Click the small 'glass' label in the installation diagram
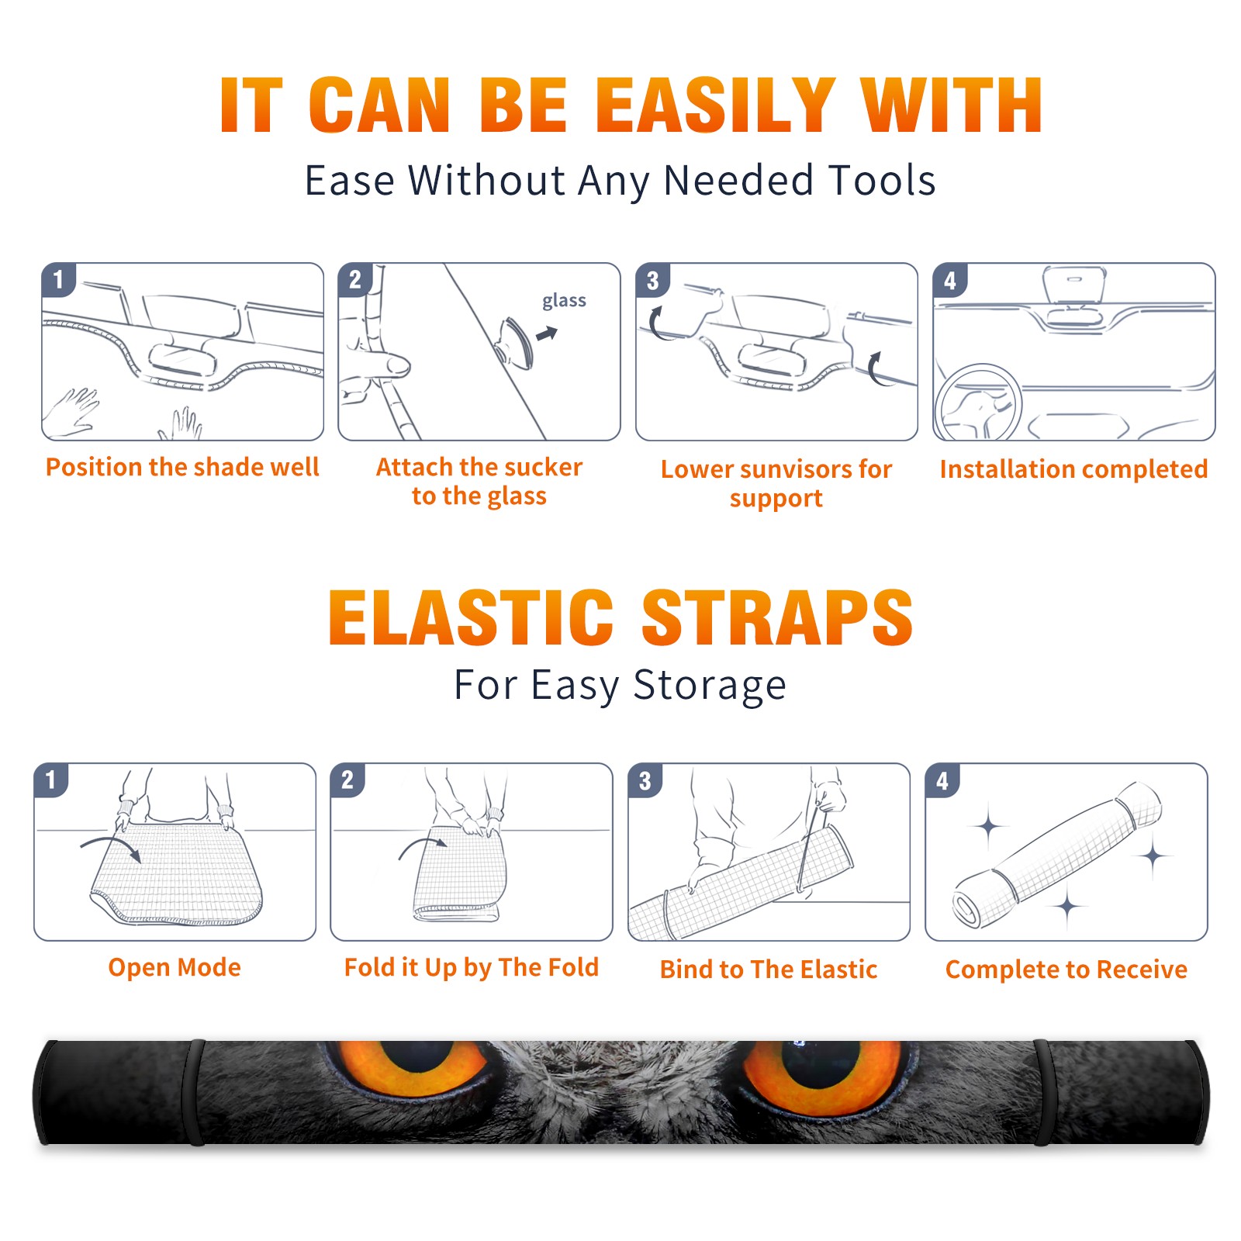[x=564, y=301]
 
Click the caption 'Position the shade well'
[x=182, y=467]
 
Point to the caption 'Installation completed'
[x=1073, y=469]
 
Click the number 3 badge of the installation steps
[x=652, y=280]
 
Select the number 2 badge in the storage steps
[x=347, y=780]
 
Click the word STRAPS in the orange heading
[x=777, y=617]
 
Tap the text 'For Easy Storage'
[x=620, y=686]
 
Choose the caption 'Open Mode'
[x=175, y=967]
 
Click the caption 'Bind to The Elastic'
[x=769, y=970]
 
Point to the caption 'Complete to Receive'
[x=1066, y=970]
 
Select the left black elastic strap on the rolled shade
[x=196, y=1092]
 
